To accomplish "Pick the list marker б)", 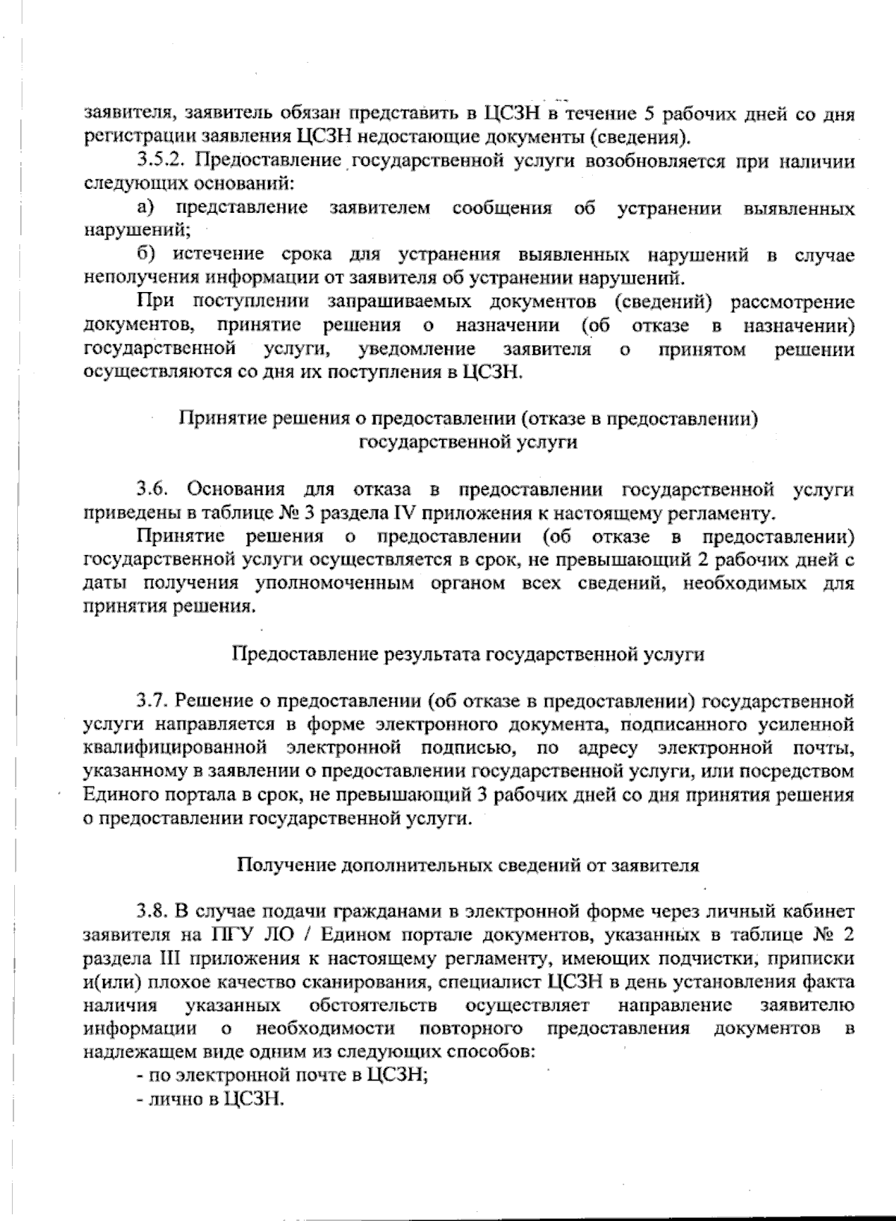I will point(146,255).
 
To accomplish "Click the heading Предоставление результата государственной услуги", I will point(470,654).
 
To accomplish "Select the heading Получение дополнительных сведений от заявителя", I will point(468,865).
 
